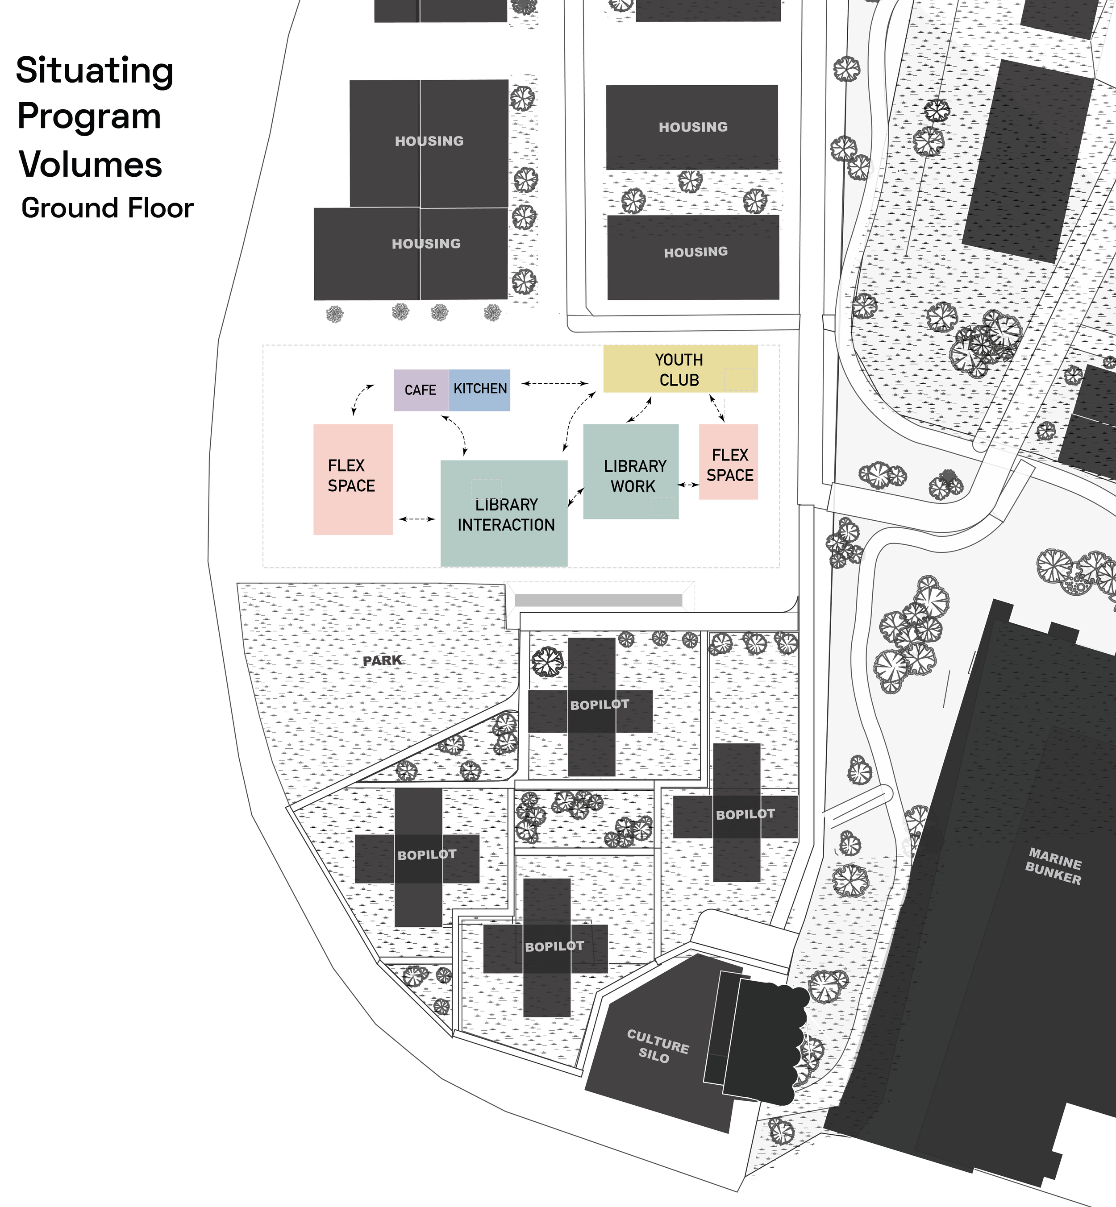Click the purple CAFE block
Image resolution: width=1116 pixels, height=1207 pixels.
(421, 390)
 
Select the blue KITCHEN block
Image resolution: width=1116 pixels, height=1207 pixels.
(479, 390)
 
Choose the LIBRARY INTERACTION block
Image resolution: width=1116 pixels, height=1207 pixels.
(504, 513)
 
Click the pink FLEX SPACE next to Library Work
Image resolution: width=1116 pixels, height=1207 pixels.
(728, 462)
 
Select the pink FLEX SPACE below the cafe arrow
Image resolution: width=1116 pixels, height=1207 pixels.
(353, 479)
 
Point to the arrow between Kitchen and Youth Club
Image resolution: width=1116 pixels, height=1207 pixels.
(555, 383)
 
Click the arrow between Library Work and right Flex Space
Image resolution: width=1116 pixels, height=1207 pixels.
(688, 485)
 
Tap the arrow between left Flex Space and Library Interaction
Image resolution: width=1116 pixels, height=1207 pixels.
(416, 519)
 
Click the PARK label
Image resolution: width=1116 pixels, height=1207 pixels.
(382, 661)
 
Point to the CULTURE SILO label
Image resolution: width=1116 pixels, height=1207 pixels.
(657, 1046)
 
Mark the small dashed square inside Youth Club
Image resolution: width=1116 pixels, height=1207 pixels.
(739, 379)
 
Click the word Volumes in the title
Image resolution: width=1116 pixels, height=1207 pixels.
(91, 164)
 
